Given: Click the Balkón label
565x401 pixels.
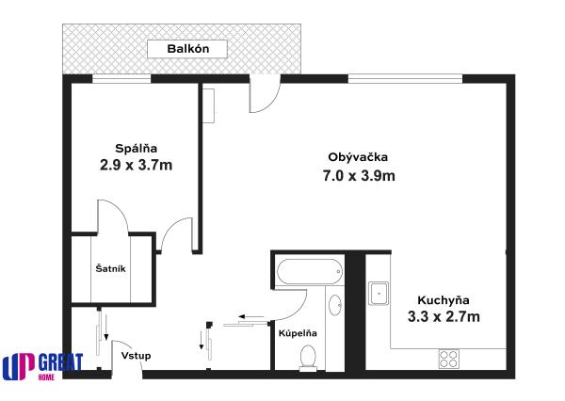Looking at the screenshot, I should click(x=187, y=50).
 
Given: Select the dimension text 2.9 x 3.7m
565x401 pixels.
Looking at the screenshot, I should click(x=136, y=166).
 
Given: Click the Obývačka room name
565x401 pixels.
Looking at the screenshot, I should click(x=358, y=156).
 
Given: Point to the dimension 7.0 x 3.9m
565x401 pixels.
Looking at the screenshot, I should click(x=359, y=175).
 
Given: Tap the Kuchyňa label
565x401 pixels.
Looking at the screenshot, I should click(x=444, y=298).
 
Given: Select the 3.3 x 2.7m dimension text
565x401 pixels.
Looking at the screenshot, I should click(x=444, y=317).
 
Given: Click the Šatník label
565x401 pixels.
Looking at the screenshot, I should click(x=111, y=269).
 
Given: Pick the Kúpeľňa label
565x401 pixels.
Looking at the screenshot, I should click(x=297, y=332).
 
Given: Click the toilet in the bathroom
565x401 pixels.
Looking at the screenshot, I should click(x=307, y=355).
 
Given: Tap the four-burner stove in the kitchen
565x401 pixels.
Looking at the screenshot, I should click(x=448, y=358).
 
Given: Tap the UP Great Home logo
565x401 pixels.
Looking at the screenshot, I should click(x=42, y=366).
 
